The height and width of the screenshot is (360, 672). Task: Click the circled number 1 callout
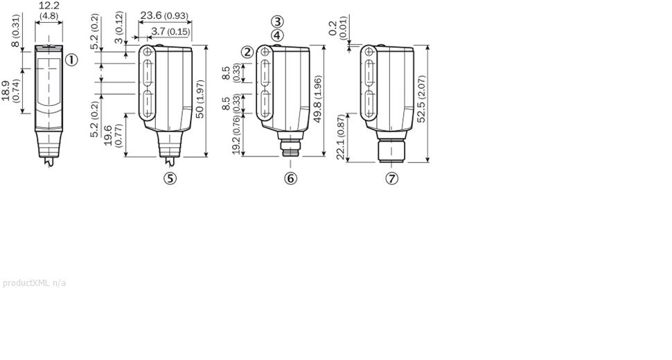tap(71, 60)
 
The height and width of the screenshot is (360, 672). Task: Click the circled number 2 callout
tap(247, 52)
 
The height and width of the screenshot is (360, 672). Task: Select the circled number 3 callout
tap(277, 21)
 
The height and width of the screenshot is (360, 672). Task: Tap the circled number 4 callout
tap(277, 35)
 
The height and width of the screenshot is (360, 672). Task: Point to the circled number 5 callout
tap(170, 178)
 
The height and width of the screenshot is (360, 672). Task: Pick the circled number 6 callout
tap(290, 178)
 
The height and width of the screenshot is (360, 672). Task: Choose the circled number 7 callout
tap(391, 178)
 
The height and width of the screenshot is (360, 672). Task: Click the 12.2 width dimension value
tap(49, 6)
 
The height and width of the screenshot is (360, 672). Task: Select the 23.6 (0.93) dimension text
tap(164, 15)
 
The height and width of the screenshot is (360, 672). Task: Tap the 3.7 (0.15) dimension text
tap(170, 31)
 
